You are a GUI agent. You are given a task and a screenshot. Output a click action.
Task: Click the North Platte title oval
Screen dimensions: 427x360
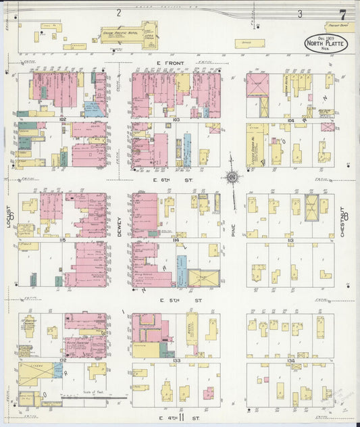(x=322, y=43)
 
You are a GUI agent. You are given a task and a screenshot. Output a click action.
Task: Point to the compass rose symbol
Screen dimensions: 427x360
(x=233, y=177)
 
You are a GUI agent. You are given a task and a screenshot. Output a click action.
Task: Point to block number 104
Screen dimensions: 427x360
(x=290, y=120)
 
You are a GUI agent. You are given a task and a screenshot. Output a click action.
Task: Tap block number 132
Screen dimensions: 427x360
(x=63, y=360)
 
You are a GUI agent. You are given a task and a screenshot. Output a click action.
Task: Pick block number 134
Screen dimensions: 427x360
(x=290, y=360)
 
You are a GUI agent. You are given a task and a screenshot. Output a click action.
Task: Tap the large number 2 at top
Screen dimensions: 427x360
(x=118, y=12)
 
